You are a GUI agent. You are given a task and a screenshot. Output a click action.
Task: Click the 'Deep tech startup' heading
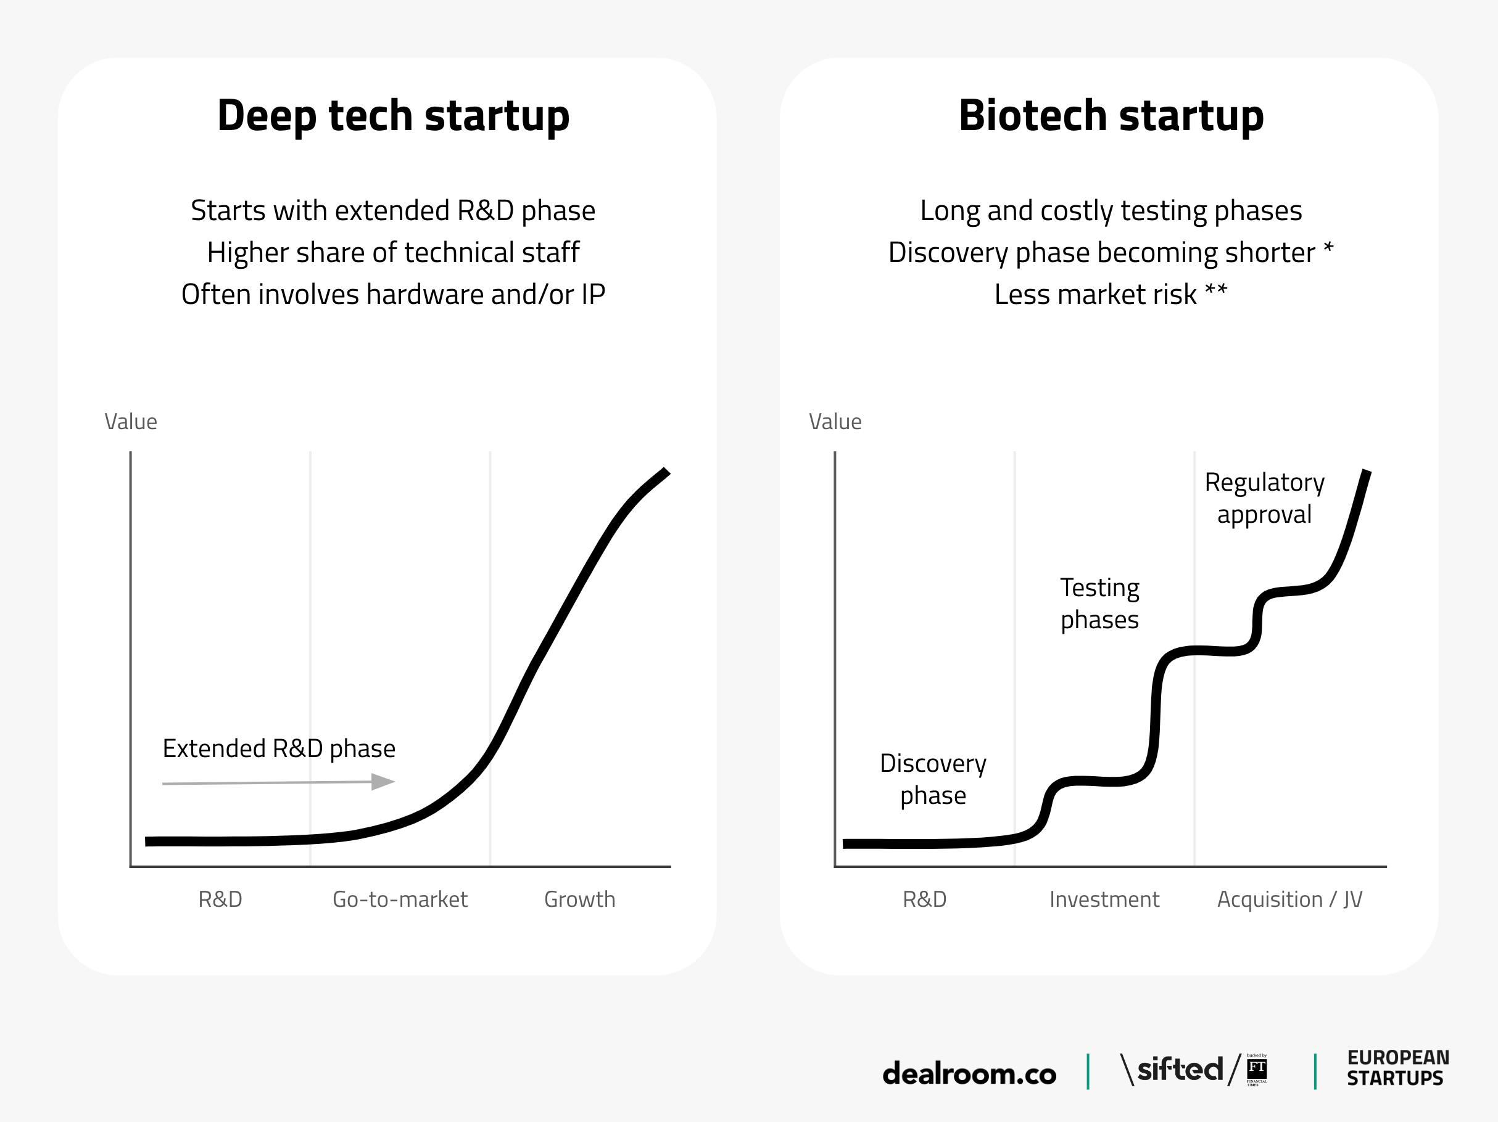pos(393,116)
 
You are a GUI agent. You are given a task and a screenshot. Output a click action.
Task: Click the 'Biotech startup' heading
pos(1111,116)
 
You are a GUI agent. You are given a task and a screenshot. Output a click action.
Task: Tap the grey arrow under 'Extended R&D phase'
pos(278,783)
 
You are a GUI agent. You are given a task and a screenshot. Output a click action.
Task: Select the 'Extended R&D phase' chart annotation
pos(278,748)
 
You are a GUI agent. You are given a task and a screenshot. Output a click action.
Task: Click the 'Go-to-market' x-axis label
pos(400,899)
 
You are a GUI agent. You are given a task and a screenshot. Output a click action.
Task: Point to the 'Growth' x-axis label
pos(580,899)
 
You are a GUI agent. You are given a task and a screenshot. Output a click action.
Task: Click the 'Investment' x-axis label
pos(1104,899)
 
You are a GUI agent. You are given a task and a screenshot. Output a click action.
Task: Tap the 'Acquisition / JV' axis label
pos(1289,899)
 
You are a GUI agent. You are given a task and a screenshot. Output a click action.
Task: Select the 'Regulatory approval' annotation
pos(1264,498)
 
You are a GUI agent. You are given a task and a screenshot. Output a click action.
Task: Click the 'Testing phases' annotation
pos(1099,603)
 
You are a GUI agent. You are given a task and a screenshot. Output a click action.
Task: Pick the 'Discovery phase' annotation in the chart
pos(932,779)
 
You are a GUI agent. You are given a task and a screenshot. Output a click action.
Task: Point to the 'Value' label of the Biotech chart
pos(834,422)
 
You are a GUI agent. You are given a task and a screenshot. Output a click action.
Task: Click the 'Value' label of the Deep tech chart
pos(131,422)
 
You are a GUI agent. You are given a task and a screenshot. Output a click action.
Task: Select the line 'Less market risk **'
pos(1110,295)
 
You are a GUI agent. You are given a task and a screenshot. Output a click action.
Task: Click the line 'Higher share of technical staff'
pos(393,252)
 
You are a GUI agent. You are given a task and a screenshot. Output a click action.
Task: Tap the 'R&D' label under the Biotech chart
pos(924,899)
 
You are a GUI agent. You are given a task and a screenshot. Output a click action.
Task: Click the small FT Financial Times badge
pos(1257,1070)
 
